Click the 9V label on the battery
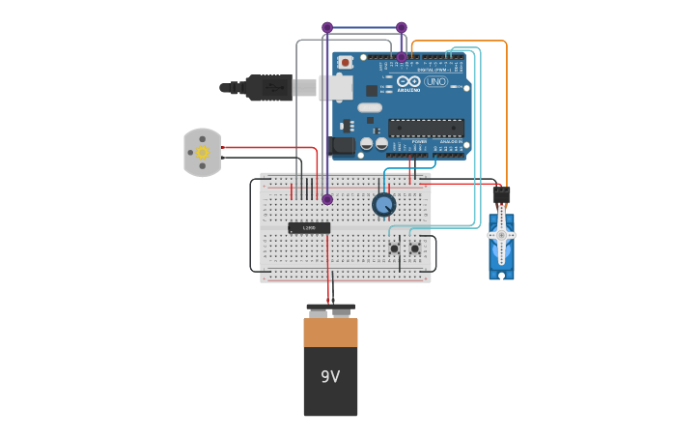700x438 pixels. click(x=330, y=376)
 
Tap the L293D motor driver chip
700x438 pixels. click(x=309, y=228)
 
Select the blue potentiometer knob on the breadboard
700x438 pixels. click(x=383, y=205)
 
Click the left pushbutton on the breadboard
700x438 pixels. click(x=394, y=248)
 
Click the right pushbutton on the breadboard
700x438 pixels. click(x=414, y=248)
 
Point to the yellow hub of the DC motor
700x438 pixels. click(x=203, y=153)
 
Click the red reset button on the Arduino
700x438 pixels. click(x=345, y=63)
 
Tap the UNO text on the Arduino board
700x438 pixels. click(x=436, y=81)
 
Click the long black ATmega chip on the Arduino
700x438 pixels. click(x=426, y=128)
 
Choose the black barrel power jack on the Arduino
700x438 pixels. click(x=343, y=146)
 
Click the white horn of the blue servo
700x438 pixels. click(x=501, y=235)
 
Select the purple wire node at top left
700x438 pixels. click(x=327, y=27)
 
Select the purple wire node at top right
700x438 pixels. click(x=402, y=27)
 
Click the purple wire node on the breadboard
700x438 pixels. click(x=327, y=199)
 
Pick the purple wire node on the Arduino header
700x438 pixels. click(x=402, y=57)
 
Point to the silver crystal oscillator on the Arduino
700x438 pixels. click(x=370, y=107)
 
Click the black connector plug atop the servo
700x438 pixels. click(x=501, y=195)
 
